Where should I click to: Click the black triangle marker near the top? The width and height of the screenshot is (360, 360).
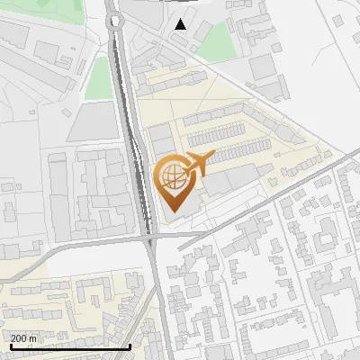click(182, 24)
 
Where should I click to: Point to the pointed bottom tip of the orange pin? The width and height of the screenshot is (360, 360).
click(171, 211)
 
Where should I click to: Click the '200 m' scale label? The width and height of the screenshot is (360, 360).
click(23, 338)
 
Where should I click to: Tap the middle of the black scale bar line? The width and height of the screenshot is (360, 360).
click(70, 346)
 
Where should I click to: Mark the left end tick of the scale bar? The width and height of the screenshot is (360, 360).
click(10, 346)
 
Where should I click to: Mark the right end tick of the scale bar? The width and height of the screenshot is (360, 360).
click(130, 346)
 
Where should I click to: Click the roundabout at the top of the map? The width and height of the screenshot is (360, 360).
click(113, 19)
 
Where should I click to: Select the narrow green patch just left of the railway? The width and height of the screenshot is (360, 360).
click(98, 78)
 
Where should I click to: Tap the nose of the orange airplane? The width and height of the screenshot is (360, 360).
click(211, 157)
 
